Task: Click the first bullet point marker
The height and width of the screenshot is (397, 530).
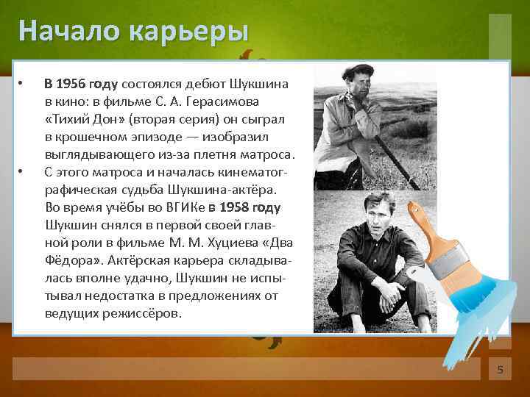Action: tap(23, 83)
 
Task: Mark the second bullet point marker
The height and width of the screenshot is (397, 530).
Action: tap(23, 172)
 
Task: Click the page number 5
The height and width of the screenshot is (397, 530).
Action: tap(500, 370)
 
